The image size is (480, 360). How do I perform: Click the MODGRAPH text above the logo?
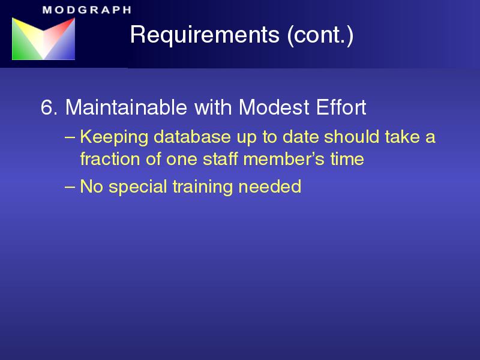point(87,10)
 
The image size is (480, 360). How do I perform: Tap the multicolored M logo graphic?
point(43,38)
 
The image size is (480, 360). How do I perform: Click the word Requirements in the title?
point(205,34)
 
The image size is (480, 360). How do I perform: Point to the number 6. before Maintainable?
point(49,107)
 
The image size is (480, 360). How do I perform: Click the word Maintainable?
point(126,107)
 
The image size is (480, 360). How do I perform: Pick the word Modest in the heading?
point(274,107)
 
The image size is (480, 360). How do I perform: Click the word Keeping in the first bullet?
point(114,137)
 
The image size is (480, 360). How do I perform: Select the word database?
point(192,137)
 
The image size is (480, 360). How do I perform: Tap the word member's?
point(284,159)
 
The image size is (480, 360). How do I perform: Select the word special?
point(138,187)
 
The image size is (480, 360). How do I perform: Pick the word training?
point(203,187)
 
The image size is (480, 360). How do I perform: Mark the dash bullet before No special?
point(70,187)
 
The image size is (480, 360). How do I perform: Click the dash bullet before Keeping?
point(70,137)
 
